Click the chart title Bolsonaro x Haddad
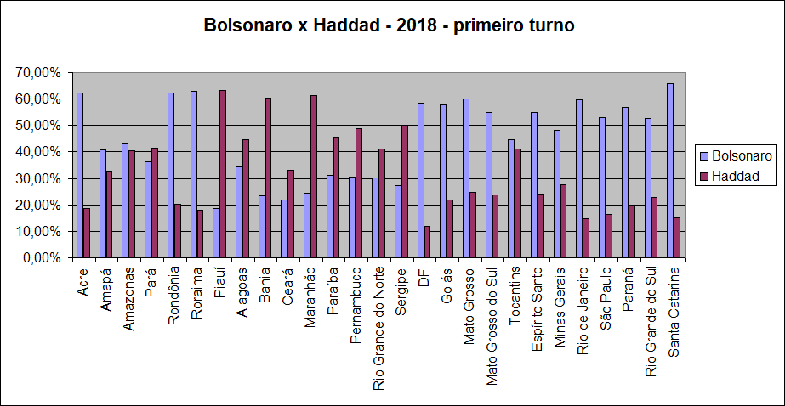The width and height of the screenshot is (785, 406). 390,25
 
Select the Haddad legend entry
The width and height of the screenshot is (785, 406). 737,177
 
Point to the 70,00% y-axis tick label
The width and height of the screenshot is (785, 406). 38,73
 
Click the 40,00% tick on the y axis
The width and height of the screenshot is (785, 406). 38,152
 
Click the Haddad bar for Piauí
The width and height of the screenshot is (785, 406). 223,174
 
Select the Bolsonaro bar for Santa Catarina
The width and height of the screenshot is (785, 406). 670,171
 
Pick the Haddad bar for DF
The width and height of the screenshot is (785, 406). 427,242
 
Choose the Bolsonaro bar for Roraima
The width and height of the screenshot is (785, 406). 193,174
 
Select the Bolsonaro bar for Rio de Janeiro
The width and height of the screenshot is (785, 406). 579,178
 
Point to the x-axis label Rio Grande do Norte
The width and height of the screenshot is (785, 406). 378,327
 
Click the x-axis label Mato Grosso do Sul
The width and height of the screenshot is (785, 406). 492,326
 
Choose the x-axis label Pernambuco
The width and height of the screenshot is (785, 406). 356,305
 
